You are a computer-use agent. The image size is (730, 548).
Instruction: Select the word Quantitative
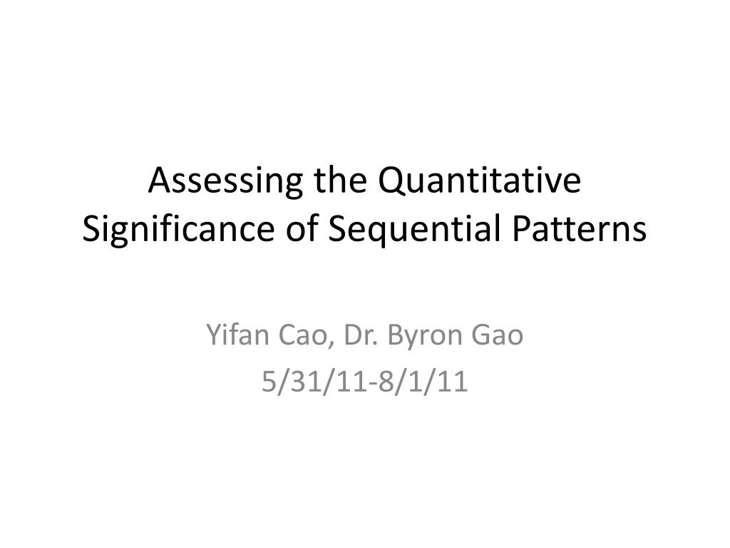pyautogui.click(x=480, y=182)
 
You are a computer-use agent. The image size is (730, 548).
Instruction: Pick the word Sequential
pyautogui.click(x=405, y=230)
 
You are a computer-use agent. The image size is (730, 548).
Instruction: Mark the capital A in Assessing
pyautogui.click(x=158, y=182)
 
